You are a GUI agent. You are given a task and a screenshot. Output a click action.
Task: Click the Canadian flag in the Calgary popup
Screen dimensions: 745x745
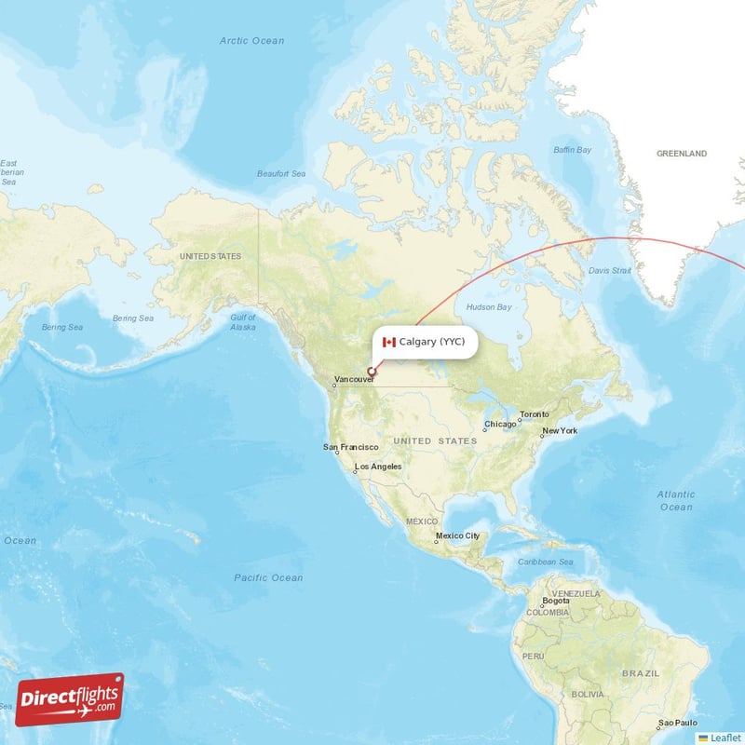389,343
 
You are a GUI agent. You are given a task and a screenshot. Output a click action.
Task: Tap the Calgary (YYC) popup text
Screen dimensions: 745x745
432,342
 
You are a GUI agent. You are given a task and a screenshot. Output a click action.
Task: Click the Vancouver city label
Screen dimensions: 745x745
355,380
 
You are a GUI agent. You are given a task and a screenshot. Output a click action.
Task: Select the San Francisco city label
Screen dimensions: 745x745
351,447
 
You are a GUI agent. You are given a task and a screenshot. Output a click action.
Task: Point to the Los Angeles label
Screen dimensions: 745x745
378,466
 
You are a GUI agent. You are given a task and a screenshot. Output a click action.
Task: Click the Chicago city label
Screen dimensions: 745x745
499,425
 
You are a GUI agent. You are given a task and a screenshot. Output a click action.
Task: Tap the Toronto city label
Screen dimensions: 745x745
535,413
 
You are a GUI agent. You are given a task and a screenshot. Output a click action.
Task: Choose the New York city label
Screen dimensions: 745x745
560,430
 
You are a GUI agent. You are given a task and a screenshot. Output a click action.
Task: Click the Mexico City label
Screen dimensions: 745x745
458,535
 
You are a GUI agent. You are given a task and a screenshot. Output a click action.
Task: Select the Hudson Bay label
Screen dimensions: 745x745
489,306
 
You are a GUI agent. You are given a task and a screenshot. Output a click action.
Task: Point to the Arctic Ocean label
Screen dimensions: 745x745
251,41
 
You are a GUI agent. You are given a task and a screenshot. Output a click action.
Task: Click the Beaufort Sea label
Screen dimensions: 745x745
281,174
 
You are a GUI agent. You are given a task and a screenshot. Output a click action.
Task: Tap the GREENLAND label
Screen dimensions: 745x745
682,154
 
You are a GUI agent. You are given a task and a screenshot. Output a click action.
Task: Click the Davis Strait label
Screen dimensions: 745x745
610,271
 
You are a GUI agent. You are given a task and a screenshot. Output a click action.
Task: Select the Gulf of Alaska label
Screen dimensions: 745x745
243,322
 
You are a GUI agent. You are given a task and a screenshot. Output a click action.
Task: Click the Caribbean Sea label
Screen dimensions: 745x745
546,562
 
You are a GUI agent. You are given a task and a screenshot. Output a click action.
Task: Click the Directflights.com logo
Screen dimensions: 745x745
70,699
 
